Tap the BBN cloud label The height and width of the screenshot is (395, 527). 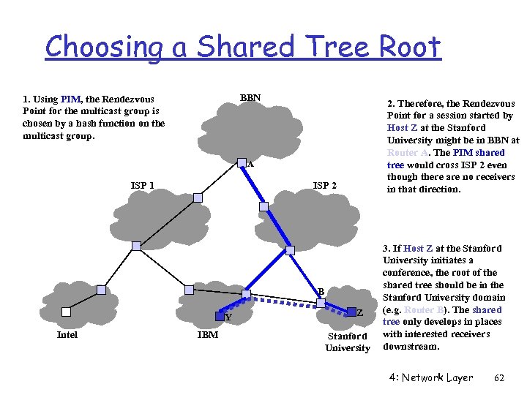coord(250,97)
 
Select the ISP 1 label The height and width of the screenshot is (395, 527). coord(142,185)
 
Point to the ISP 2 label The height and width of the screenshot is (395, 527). coord(324,185)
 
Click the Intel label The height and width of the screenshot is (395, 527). coord(67,335)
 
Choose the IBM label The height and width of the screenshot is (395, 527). coord(207,335)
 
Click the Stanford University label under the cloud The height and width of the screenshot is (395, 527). coord(347,342)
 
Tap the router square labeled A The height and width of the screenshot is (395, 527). coord(242,162)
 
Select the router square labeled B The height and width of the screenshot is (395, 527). coord(320,302)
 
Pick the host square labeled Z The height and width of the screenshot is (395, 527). coord(350,311)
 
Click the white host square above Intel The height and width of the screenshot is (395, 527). coord(67,311)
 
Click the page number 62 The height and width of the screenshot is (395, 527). coord(500,378)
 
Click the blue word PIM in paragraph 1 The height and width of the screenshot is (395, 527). coord(71,99)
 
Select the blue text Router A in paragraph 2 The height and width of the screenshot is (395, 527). coord(407,152)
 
